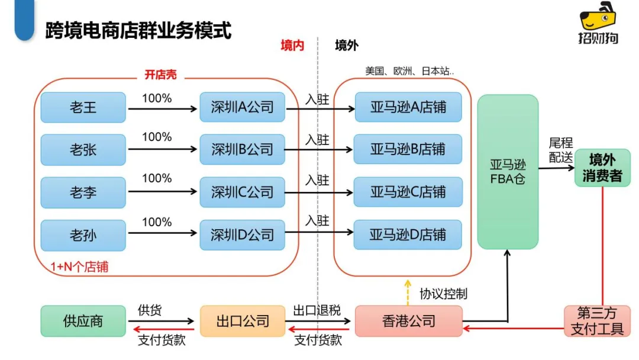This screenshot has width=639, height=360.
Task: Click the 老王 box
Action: click(x=83, y=107)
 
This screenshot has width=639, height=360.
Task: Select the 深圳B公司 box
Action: click(x=242, y=149)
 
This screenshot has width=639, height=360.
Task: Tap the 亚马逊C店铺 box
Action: click(x=408, y=192)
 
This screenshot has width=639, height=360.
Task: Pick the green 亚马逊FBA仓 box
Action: click(x=508, y=172)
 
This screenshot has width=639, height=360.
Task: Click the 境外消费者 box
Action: click(x=602, y=168)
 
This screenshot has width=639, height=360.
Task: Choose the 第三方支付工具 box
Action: click(x=597, y=321)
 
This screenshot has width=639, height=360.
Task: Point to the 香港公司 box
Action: click(x=408, y=322)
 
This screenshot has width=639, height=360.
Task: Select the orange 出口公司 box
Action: click(x=243, y=322)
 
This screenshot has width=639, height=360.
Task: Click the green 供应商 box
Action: click(x=83, y=322)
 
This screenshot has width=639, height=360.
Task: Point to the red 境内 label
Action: click(x=292, y=46)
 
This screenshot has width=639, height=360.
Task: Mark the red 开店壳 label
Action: click(x=160, y=75)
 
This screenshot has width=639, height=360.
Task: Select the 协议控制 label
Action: click(x=443, y=294)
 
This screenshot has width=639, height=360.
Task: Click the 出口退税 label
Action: click(x=317, y=310)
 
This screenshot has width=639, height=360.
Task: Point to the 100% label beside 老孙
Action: click(x=157, y=222)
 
